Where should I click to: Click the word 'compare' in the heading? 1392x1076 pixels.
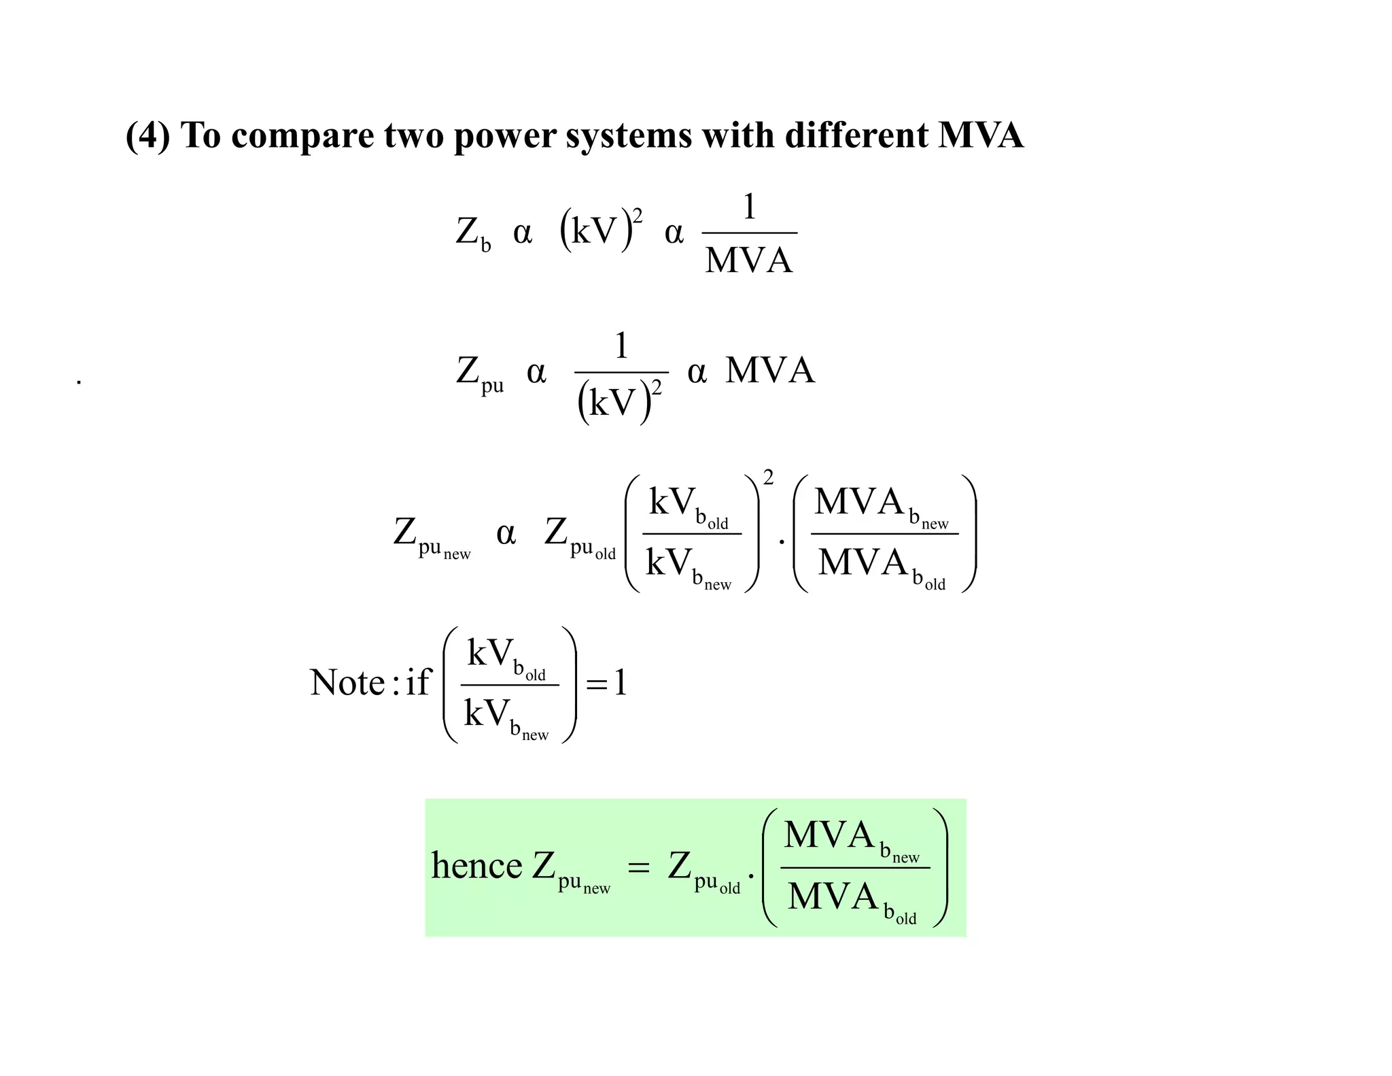click(302, 136)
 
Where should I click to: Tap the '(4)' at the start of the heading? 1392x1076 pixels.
click(147, 135)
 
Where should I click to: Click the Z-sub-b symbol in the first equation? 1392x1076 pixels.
click(472, 233)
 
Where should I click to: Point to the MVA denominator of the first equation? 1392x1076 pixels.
click(748, 260)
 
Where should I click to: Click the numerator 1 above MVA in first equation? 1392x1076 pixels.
click(749, 207)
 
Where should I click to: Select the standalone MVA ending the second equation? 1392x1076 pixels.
click(769, 371)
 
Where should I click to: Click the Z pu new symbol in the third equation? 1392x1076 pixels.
click(431, 536)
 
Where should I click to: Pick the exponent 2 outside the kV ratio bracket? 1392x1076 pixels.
click(768, 478)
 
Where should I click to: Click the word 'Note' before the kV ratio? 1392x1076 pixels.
click(347, 682)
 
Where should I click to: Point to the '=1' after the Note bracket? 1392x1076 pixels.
click(606, 683)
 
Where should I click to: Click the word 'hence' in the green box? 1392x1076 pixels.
click(476, 867)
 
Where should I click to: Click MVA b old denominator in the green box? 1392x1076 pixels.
click(852, 899)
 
